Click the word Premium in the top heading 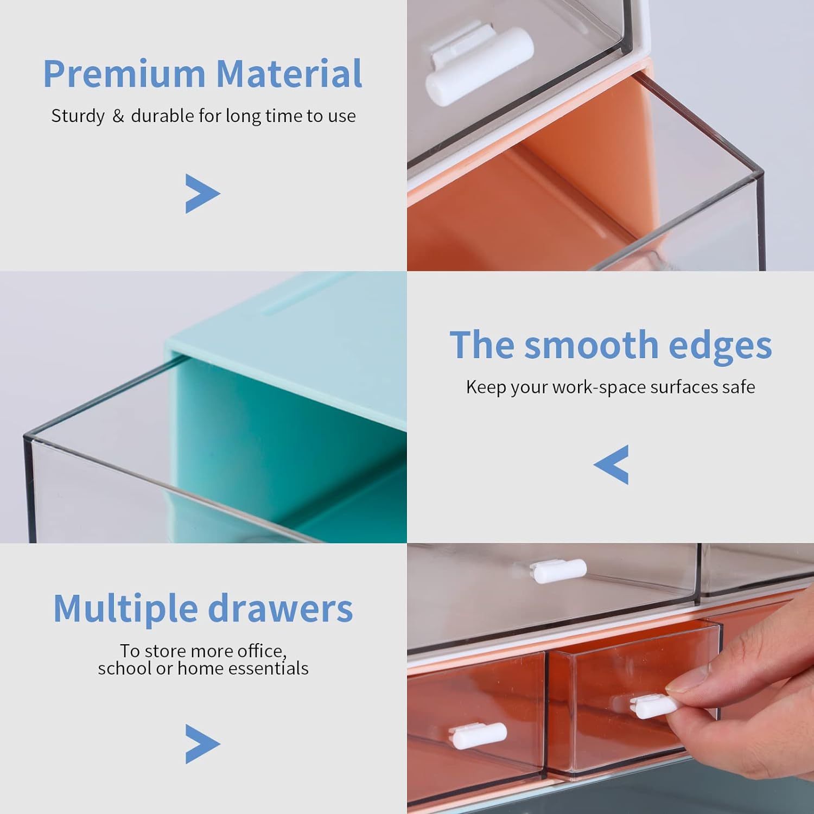click(124, 74)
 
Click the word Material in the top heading click(289, 74)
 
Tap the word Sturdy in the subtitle click(78, 116)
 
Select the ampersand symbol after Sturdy click(118, 116)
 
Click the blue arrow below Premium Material click(202, 194)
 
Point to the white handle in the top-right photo click(479, 66)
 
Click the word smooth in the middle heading click(592, 345)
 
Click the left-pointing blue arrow click(612, 465)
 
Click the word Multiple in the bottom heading click(125, 609)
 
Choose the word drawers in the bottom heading click(281, 609)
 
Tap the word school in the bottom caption click(125, 669)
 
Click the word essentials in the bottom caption click(268, 669)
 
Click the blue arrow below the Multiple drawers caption click(202, 744)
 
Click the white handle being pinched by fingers click(654, 706)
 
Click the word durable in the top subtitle click(162, 116)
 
